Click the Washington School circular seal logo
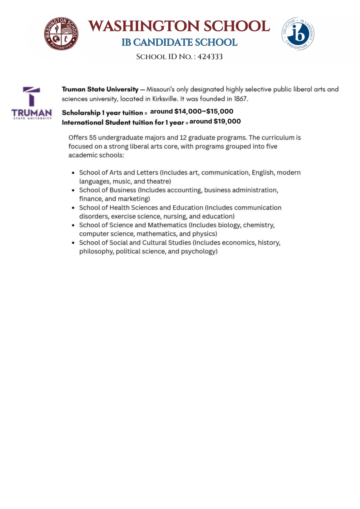click(61, 33)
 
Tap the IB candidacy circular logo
click(298, 34)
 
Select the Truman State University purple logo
click(32, 103)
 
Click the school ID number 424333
click(210, 57)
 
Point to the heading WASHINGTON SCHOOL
click(179, 26)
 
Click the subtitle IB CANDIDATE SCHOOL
click(179, 42)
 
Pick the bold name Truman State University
click(100, 89)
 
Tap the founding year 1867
click(240, 99)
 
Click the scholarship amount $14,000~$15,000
click(204, 111)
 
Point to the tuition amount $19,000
click(227, 121)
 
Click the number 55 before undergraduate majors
click(93, 137)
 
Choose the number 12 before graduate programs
click(183, 137)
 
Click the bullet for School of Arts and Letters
click(73, 173)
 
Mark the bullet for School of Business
click(73, 190)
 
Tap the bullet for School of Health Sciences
click(73, 208)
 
